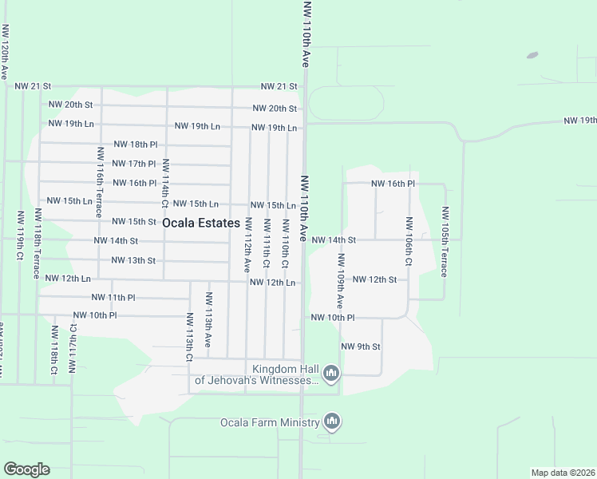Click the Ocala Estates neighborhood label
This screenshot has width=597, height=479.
coord(201,224)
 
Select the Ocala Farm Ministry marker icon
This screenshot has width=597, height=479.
coord(333,421)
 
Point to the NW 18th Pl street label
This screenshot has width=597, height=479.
coord(136,144)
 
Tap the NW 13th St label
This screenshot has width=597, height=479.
coord(132,260)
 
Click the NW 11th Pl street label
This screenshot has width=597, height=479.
coord(113,297)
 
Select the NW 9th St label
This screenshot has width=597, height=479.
coord(361,346)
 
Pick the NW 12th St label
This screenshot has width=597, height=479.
coord(374,279)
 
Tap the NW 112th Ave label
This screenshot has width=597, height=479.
coord(248,243)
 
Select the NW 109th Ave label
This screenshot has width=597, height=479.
coord(341,281)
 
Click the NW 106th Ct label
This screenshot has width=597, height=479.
coord(409,242)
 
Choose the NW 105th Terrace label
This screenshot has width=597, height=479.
coord(445,242)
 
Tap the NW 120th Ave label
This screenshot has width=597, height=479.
coord(5,51)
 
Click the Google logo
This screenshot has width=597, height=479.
coord(26,469)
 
